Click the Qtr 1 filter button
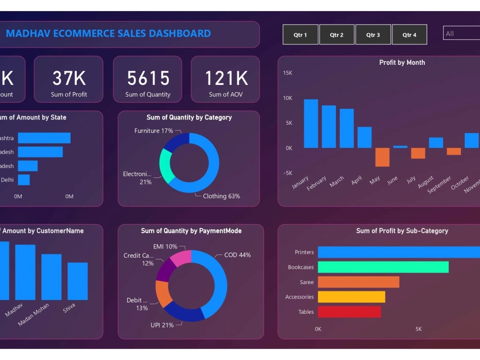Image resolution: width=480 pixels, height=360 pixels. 300,35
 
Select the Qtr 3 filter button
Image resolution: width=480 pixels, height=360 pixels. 373,35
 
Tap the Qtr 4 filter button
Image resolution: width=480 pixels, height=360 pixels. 409,35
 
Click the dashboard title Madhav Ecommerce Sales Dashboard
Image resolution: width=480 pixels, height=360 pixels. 108,34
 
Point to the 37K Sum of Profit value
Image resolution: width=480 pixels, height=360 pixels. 69,78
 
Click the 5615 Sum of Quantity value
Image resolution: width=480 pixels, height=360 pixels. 148,78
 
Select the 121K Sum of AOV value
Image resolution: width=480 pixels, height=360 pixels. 226,78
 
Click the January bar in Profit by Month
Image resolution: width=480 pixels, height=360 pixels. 311,123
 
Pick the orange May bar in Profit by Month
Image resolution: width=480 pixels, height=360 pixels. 382,157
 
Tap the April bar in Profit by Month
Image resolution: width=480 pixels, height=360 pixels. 364,137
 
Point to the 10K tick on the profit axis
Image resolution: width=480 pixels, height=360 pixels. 288,98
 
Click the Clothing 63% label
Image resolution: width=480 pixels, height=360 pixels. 221,196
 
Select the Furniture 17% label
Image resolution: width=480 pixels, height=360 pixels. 154,131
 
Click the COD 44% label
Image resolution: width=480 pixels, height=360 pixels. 237,255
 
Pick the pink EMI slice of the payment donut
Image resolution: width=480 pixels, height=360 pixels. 181,258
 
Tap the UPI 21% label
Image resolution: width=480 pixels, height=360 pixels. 162,325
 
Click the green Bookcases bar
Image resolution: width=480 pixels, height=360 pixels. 383,267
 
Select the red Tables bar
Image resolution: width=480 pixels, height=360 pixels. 349,312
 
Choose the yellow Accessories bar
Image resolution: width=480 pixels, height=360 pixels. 351,297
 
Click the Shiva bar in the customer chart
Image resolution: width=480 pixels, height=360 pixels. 77,281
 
